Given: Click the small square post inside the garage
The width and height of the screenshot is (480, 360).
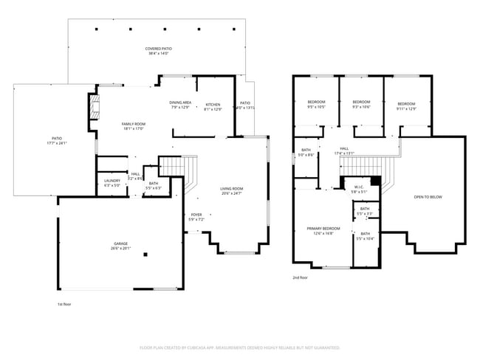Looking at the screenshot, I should pyautogui.click(x=145, y=255).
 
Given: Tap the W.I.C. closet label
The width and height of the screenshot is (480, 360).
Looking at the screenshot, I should pyautogui.click(x=358, y=187).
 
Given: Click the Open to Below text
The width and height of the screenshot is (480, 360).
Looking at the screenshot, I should pyautogui.click(x=428, y=197).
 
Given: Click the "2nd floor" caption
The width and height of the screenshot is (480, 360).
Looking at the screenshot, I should pyautogui.click(x=300, y=277).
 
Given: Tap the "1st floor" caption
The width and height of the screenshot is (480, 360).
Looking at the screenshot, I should pyautogui.click(x=65, y=304).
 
